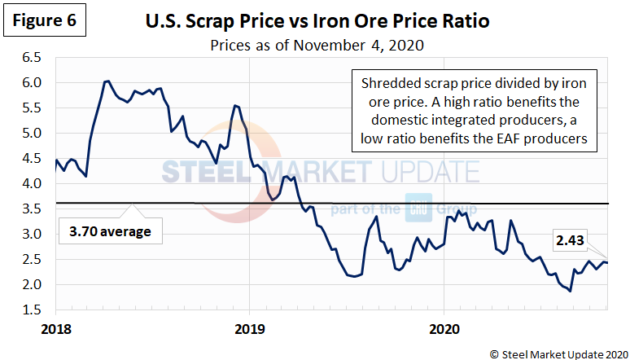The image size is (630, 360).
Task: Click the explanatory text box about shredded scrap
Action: [x=474, y=111]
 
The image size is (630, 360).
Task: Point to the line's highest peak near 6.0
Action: [x=107, y=81]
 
